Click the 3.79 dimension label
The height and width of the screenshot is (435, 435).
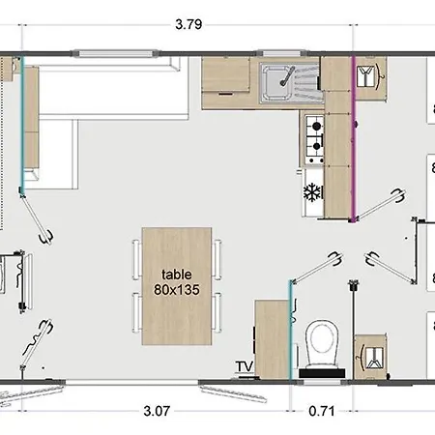click(189, 26)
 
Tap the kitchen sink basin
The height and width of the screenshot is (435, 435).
click(276, 80)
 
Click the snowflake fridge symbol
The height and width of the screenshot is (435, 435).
click(312, 191)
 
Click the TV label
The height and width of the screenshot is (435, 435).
click(243, 365)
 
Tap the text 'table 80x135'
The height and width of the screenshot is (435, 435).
click(177, 280)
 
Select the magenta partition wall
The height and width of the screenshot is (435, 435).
click(354, 145)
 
